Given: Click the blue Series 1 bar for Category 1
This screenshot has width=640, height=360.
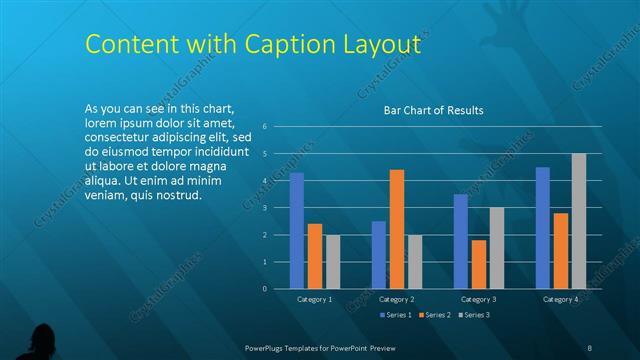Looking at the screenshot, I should click(297, 230).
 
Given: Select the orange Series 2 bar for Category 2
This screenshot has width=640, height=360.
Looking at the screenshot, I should click(397, 229).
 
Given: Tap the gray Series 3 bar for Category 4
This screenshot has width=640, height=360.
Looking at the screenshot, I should click(579, 221).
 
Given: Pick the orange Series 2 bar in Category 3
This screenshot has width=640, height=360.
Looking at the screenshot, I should click(479, 264).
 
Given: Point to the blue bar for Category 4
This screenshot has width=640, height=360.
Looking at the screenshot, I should click(543, 227).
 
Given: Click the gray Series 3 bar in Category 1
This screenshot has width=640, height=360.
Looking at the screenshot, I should click(333, 262).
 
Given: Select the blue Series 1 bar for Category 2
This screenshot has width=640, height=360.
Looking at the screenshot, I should click(379, 255).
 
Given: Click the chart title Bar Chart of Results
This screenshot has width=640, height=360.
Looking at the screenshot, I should click(434, 110).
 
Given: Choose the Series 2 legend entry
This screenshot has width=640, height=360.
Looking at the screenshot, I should click(434, 315).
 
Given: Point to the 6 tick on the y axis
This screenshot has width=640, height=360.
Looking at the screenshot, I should click(264, 126).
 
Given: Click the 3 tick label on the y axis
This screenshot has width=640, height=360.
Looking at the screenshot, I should click(264, 208).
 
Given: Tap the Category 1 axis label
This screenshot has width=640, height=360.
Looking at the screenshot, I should click(315, 299).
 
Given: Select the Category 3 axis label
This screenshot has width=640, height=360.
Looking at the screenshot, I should click(479, 299).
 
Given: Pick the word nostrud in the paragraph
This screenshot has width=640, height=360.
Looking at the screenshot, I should click(183, 194).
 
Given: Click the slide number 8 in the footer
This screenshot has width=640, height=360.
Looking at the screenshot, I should click(590, 347).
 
